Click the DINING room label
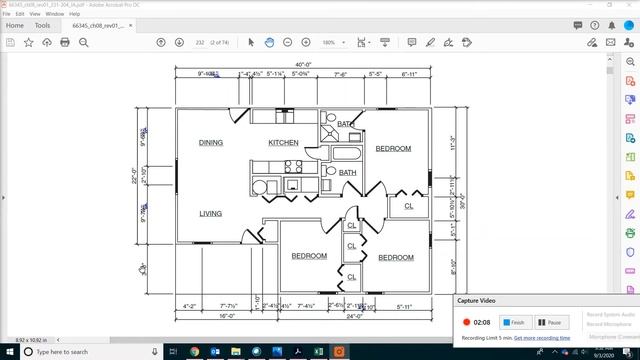click(x=210, y=143)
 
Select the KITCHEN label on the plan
click(x=283, y=143)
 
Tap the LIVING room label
click(x=210, y=214)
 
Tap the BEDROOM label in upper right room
click(x=393, y=149)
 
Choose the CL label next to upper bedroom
click(x=408, y=206)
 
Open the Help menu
click(x=75, y=14)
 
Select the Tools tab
click(x=43, y=26)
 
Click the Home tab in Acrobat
click(x=15, y=26)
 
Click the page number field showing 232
click(x=200, y=43)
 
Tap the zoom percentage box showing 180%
click(x=328, y=43)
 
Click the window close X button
click(x=628, y=5)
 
